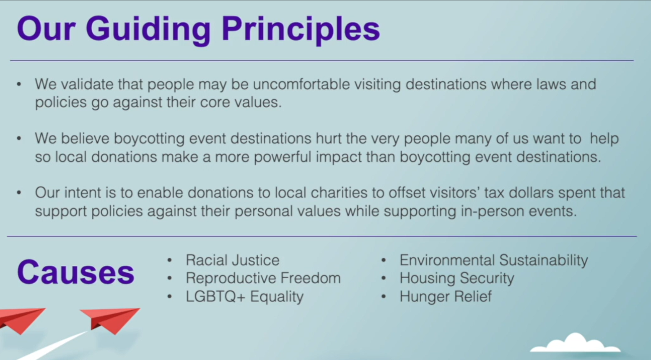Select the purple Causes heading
75,272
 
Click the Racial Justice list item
233,260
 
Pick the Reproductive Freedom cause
263,278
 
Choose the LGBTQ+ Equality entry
245,297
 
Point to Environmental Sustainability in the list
493,260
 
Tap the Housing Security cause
456,278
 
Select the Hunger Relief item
446,297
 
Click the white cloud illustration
575,343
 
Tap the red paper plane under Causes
110,320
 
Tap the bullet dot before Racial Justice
170,260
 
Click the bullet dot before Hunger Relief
384,297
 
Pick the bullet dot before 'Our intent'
19,193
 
